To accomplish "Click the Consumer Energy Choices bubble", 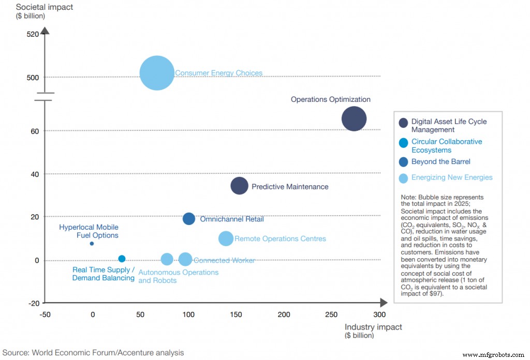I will (157, 73).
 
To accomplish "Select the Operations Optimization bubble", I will (354, 119).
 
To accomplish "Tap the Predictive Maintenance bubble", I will (239, 186).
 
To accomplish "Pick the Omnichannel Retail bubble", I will (189, 219).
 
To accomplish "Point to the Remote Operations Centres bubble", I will (226, 238).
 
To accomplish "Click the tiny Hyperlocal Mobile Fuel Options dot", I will (92, 244).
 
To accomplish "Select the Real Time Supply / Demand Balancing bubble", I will (122, 259).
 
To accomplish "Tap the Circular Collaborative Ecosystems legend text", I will (446, 146).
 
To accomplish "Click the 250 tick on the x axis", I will (331, 314).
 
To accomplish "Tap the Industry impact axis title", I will (373, 327).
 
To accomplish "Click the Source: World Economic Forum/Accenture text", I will (93, 353).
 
